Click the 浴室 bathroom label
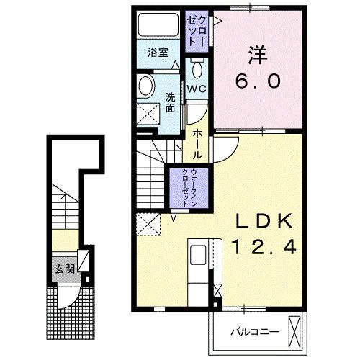158,53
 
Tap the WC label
197,89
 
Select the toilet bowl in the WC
197,69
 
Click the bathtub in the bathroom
158,24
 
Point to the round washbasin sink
145,86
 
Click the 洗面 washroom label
170,103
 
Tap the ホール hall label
197,144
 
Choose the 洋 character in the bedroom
258,55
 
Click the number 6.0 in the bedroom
258,81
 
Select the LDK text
264,221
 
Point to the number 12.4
264,247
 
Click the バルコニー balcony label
255,332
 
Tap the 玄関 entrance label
65,269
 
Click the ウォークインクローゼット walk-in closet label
189,188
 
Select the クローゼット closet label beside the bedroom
197,31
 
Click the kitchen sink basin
198,255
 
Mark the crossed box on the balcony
294,332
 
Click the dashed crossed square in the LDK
148,224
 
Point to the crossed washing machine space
148,114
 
